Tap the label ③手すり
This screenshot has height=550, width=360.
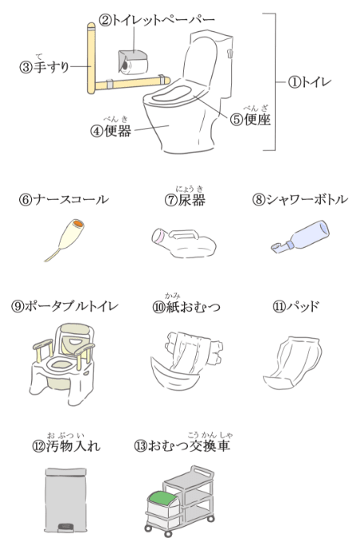(x=45, y=65)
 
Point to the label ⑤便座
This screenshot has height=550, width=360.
(x=250, y=118)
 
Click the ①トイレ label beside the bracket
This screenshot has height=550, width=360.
(x=310, y=82)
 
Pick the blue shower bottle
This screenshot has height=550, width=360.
(x=301, y=236)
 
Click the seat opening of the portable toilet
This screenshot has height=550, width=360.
(x=62, y=364)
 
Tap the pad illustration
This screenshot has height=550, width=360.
(x=293, y=363)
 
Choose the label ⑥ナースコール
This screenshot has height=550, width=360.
(x=64, y=200)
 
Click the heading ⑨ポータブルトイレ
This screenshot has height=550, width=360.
(x=65, y=306)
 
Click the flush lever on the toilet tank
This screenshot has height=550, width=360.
(x=230, y=53)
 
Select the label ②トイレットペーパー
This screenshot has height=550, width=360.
(x=157, y=20)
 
